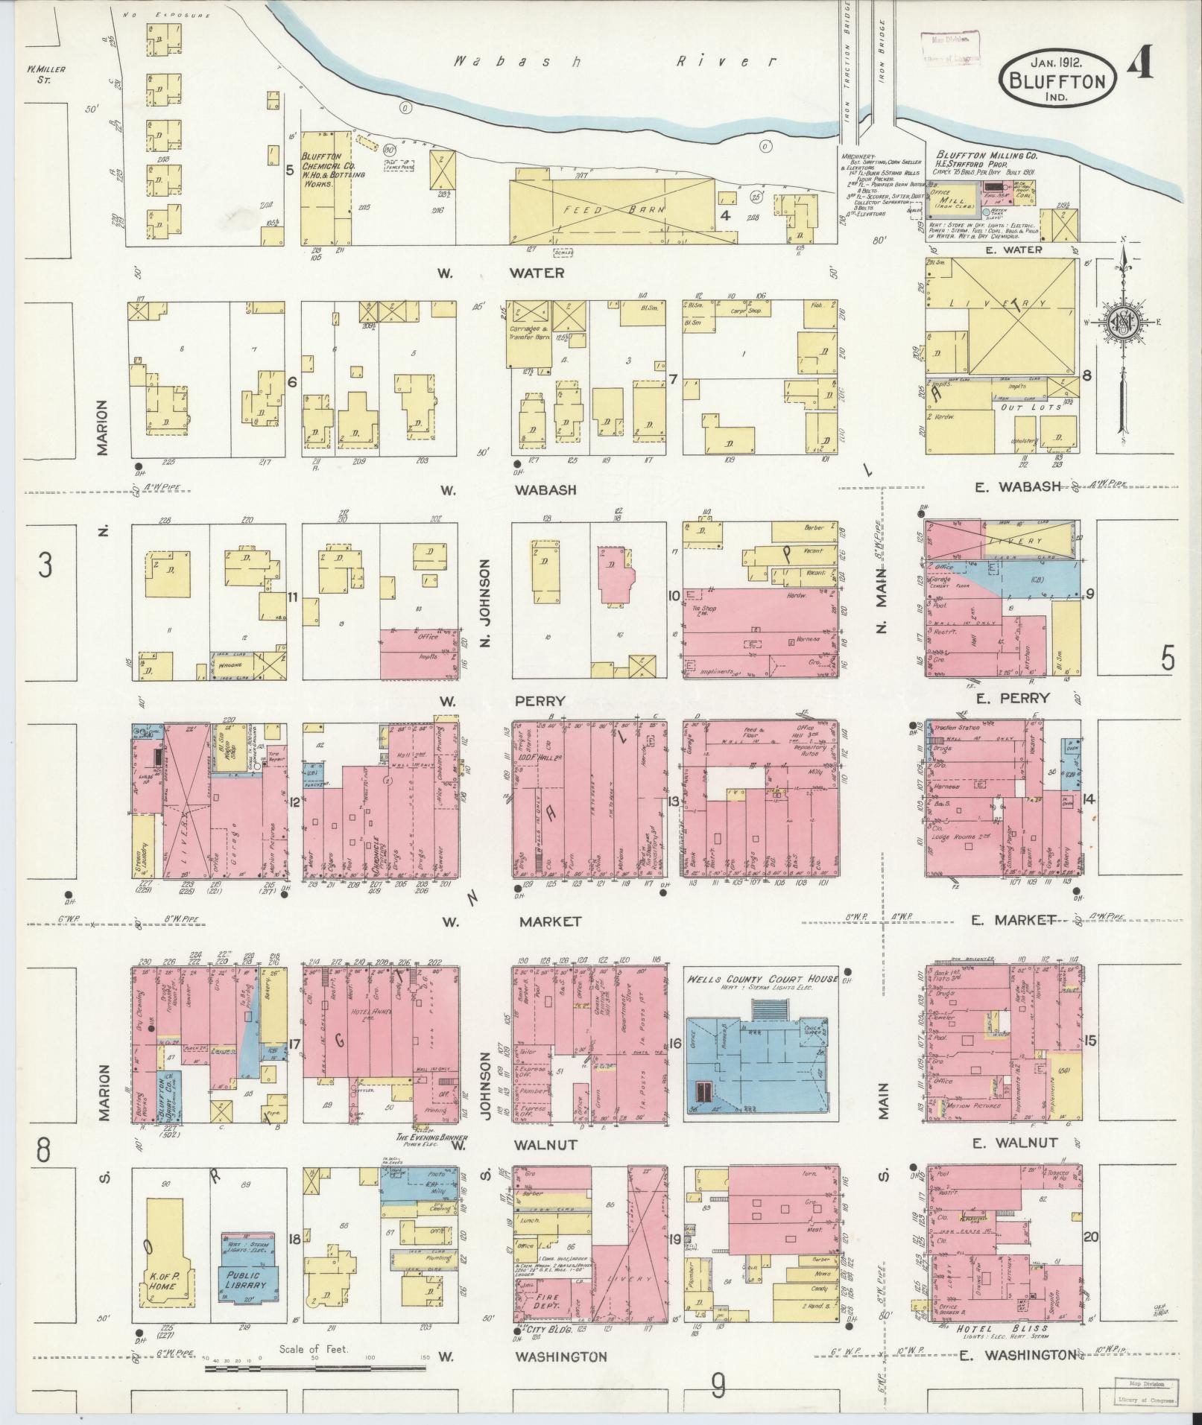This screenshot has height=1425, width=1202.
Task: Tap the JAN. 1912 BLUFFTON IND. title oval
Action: pos(1057,77)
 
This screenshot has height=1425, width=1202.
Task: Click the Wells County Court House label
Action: pos(762,978)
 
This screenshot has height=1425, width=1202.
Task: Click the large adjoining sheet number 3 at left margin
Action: pos(45,566)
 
